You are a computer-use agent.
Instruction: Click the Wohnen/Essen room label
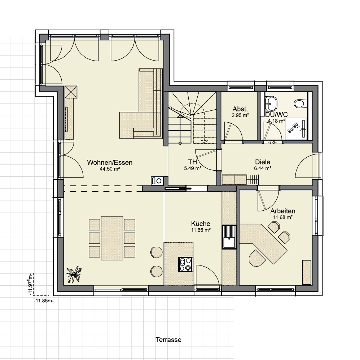pyautogui.click(x=110, y=163)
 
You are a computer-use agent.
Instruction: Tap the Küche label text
pyautogui.click(x=201, y=224)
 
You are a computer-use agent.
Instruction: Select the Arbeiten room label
pyautogui.click(x=283, y=211)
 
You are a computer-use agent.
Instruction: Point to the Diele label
pyautogui.click(x=263, y=162)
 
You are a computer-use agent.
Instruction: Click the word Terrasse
pyautogui.click(x=168, y=339)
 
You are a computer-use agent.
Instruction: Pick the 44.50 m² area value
pyautogui.click(x=110, y=169)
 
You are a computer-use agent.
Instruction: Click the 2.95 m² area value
pyautogui.click(x=240, y=115)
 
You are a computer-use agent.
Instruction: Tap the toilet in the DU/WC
pyautogui.click(x=300, y=103)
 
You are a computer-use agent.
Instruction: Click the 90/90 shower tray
pyautogui.click(x=296, y=129)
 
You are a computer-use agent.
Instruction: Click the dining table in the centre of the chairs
pyautogui.click(x=112, y=238)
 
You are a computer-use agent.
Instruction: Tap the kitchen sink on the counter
pyautogui.click(x=229, y=237)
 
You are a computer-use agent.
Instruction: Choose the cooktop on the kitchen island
pyautogui.click(x=186, y=264)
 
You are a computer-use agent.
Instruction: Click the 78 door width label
pyautogui.click(x=272, y=142)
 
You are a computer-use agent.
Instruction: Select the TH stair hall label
pyautogui.click(x=192, y=162)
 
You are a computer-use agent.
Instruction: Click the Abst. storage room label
pyautogui.click(x=240, y=109)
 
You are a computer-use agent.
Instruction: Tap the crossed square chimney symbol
pyautogui.click(x=71, y=92)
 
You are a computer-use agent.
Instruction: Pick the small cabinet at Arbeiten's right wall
pyautogui.click(x=307, y=272)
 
